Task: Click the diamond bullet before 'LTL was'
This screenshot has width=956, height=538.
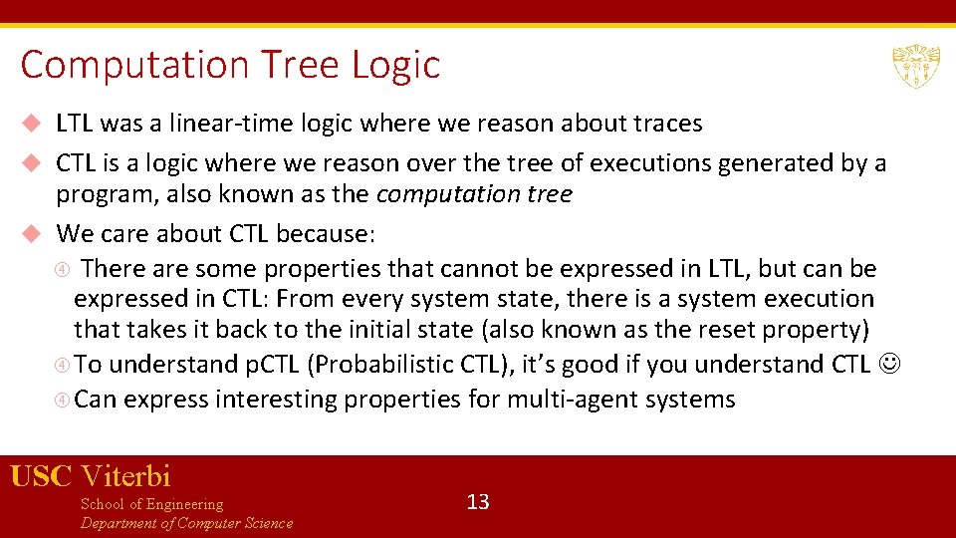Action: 31,124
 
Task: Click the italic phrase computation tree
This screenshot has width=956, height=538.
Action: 474,193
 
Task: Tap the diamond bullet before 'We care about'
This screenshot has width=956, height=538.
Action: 31,234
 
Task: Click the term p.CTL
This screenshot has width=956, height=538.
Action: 273,365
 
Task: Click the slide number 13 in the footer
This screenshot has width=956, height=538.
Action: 478,501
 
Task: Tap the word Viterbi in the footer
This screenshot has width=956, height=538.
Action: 126,475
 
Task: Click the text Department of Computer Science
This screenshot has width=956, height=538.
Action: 186,523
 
